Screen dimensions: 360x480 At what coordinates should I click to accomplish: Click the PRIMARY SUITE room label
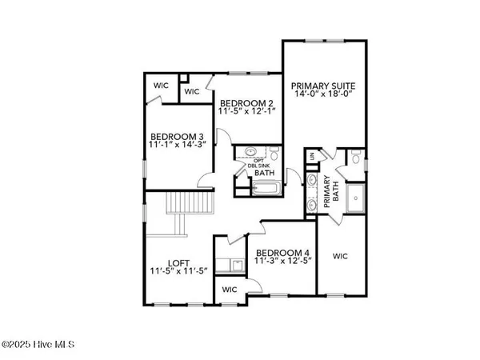(x=323, y=86)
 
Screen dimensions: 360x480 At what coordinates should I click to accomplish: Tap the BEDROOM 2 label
(x=249, y=103)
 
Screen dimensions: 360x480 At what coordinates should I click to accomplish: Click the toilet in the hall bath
(x=273, y=154)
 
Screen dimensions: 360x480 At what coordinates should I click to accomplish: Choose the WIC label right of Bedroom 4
(x=340, y=256)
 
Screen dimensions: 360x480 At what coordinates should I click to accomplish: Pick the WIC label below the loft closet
(x=230, y=289)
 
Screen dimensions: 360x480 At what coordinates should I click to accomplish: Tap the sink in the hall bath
(x=248, y=152)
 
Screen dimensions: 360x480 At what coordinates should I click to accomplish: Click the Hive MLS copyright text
(x=38, y=345)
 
